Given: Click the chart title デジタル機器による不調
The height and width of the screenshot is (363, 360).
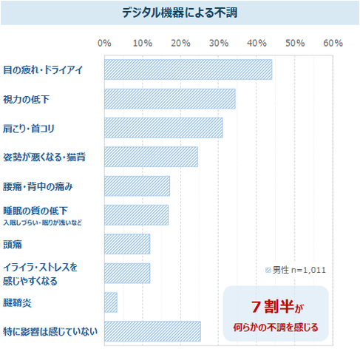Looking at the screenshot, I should tap(180, 13).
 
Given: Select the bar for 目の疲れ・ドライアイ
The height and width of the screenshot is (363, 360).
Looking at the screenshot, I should tap(188, 69).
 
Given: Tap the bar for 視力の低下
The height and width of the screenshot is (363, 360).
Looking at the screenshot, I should tap(169, 98).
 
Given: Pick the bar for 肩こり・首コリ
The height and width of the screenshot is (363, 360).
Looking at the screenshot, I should tap(163, 127).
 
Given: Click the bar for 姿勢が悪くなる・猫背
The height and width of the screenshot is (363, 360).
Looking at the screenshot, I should tap(151, 157).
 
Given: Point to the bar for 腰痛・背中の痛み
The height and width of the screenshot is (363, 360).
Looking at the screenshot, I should tap(137, 186).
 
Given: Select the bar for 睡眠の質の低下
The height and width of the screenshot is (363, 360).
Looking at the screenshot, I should tap(136, 214).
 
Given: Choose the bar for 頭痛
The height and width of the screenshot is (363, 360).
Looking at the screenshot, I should tap(127, 244).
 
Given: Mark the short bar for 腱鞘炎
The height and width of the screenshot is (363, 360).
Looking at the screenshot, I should tap(111, 302).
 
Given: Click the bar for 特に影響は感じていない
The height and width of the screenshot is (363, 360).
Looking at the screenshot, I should tap(152, 331).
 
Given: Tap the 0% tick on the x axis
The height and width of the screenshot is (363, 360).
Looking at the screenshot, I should tap(104, 44).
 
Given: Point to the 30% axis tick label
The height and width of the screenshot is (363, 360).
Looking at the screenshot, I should tap(219, 44).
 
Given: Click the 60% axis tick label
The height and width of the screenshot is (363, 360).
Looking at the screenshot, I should tap(333, 44).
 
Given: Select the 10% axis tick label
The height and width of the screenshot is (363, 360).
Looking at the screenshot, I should tap(143, 44).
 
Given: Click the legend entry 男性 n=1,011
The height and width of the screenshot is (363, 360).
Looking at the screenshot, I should tap(295, 270).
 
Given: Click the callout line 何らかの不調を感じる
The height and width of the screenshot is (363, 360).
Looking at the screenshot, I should tap(276, 327).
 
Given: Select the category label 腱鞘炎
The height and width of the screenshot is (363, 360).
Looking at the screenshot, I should tap(18, 302).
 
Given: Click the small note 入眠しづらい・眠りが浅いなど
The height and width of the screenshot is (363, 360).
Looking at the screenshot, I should tap(41, 222).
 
